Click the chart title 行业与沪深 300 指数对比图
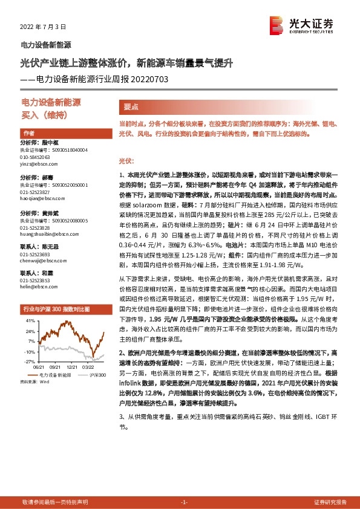56,309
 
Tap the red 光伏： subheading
125,161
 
